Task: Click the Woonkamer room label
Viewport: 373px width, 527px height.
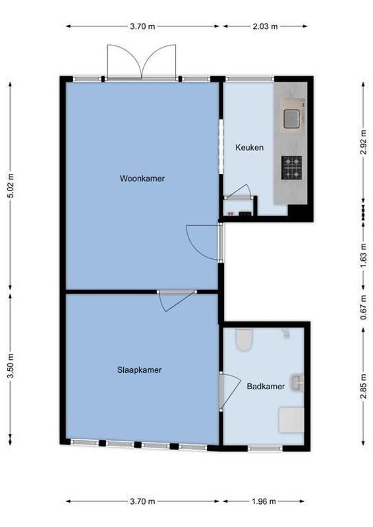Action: (142, 179)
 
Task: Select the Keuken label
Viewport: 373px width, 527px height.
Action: (249, 148)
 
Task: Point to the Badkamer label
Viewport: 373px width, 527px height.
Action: (266, 387)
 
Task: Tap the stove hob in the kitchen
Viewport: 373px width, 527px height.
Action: (292, 167)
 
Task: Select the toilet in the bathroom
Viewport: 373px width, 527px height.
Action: (244, 339)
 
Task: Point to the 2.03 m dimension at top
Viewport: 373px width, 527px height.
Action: (265, 26)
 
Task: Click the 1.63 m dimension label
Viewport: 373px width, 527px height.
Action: (363, 254)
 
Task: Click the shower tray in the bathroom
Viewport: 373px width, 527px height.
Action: (291, 420)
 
